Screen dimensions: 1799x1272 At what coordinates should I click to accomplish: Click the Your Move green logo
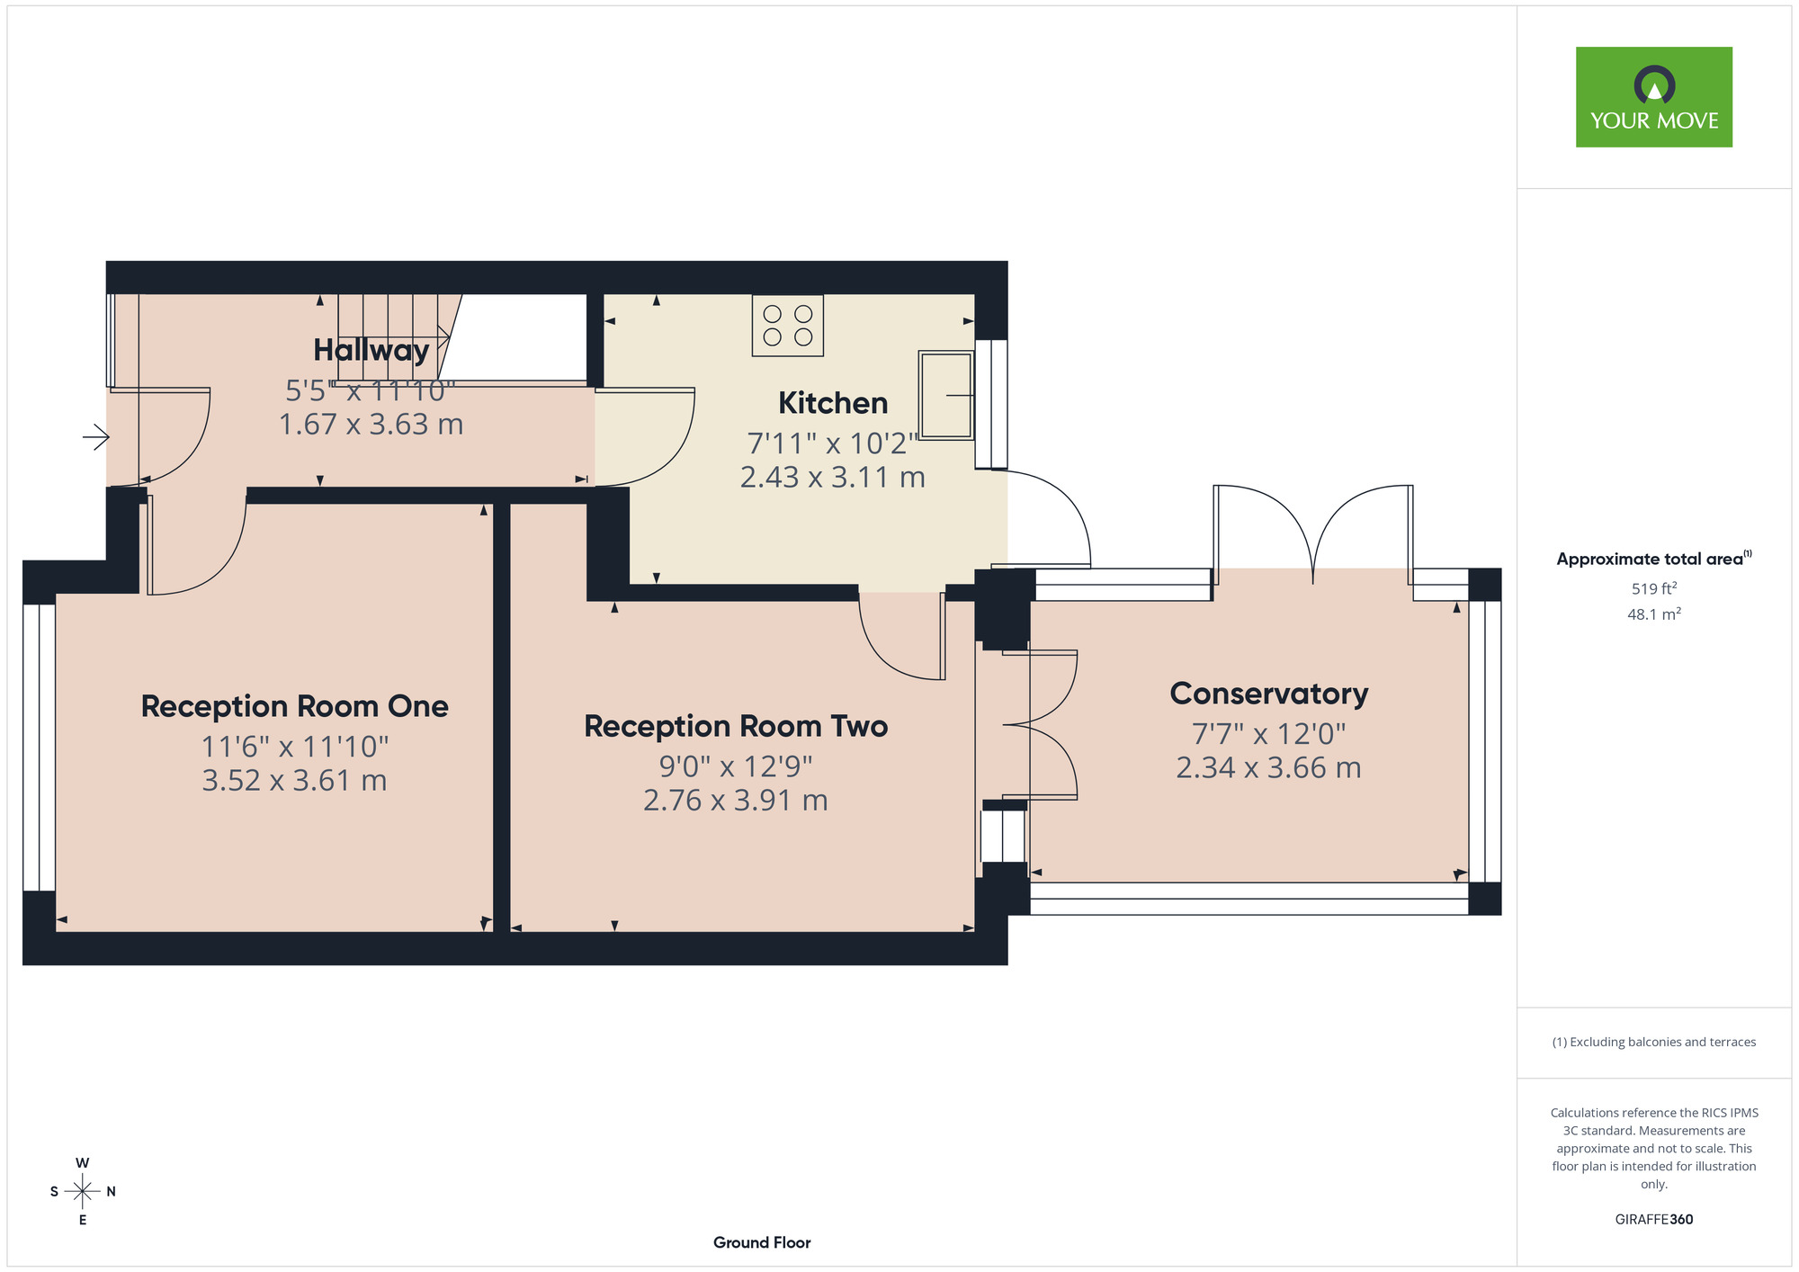[x=1653, y=97]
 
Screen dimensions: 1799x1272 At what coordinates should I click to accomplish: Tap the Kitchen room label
[x=833, y=403]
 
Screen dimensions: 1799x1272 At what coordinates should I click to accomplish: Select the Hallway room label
[x=371, y=349]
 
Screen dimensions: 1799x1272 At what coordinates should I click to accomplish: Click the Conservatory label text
[x=1269, y=694]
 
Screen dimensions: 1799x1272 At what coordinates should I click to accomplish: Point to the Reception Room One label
[x=295, y=706]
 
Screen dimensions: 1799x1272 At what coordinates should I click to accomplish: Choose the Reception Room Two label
[x=736, y=726]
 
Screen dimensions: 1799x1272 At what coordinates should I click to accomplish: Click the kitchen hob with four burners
[x=788, y=326]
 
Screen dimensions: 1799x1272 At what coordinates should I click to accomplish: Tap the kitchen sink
[x=946, y=395]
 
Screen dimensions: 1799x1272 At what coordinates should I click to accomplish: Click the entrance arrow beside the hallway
[x=96, y=438]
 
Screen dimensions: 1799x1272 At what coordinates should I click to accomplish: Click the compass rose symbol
[x=83, y=1191]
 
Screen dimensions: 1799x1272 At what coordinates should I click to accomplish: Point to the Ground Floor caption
[x=762, y=1242]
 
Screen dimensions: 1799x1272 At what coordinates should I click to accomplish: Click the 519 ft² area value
[x=1654, y=588]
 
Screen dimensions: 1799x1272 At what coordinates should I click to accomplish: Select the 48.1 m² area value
[x=1654, y=614]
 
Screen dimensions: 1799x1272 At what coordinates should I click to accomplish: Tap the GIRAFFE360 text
[x=1654, y=1220]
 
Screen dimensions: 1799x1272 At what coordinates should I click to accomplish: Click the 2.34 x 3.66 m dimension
[x=1268, y=767]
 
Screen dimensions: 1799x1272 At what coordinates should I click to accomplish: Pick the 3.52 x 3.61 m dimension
[x=294, y=780]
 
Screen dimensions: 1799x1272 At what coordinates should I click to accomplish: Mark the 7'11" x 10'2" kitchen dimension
[x=833, y=443]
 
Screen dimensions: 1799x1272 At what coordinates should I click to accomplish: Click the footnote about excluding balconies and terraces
[x=1654, y=1042]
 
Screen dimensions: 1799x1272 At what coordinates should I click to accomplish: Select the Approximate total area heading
[x=1654, y=559]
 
